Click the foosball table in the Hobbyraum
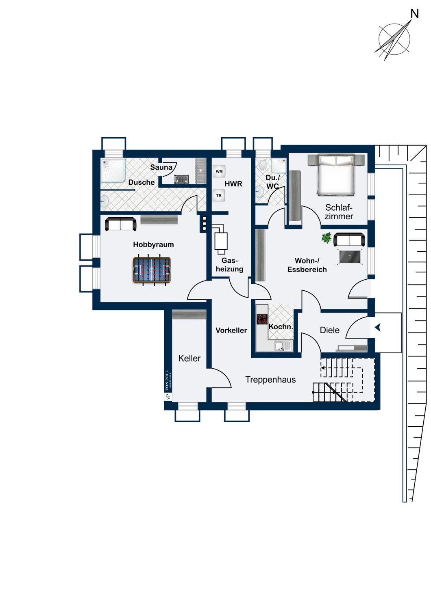152,270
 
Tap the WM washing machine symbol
219,172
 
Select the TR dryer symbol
219,195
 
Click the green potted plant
327,238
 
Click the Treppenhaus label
270,380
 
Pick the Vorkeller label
231,330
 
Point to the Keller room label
189,358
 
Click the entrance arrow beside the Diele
378,328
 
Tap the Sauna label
161,167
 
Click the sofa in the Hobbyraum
121,224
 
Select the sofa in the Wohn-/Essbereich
349,240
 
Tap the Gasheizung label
229,265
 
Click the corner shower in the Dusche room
113,171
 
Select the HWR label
233,184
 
